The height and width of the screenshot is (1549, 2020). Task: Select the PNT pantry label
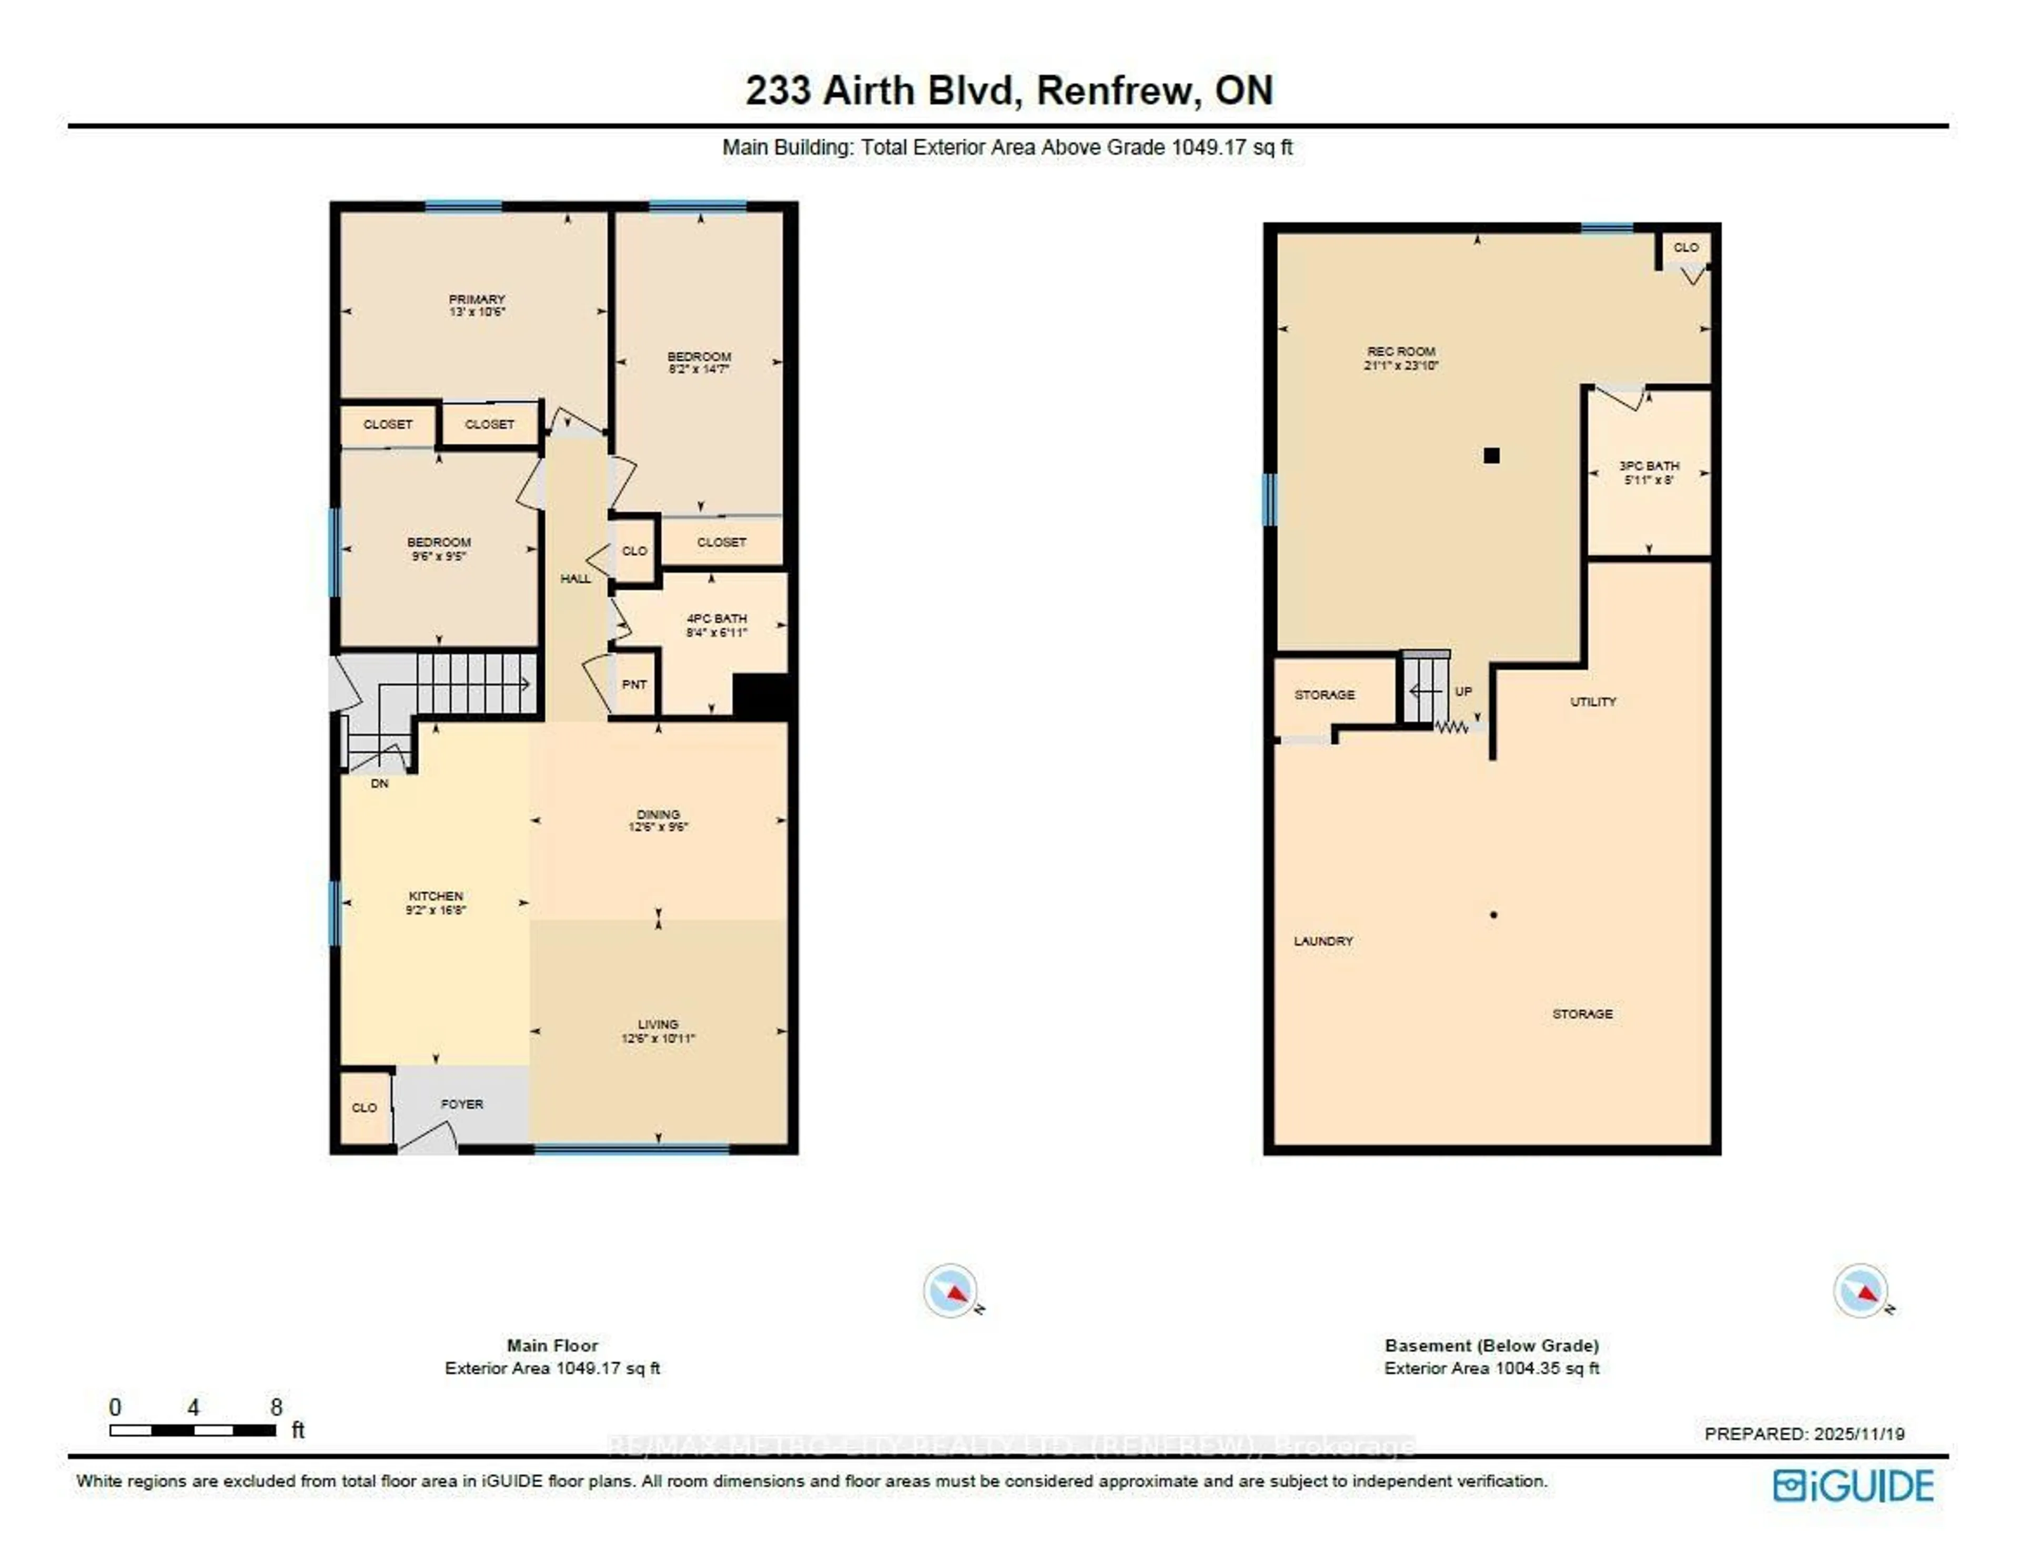click(x=634, y=684)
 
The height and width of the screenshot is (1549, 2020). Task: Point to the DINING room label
click(x=658, y=814)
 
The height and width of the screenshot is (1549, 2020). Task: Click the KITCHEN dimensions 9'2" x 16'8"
click(x=436, y=910)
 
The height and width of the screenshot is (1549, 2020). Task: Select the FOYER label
click(x=461, y=1104)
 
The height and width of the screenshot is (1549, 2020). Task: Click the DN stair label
click(x=379, y=784)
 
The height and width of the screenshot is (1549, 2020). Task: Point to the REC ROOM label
click(x=1400, y=351)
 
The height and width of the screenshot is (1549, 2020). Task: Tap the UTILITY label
click(x=1593, y=701)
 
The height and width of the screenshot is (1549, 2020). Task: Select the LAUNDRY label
click(x=1322, y=941)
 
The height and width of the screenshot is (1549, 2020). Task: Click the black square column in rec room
click(x=1491, y=455)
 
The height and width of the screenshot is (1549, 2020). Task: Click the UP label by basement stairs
click(x=1463, y=691)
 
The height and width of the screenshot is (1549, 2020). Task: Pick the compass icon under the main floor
click(x=950, y=1290)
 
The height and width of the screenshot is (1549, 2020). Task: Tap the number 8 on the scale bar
click(x=276, y=1407)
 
